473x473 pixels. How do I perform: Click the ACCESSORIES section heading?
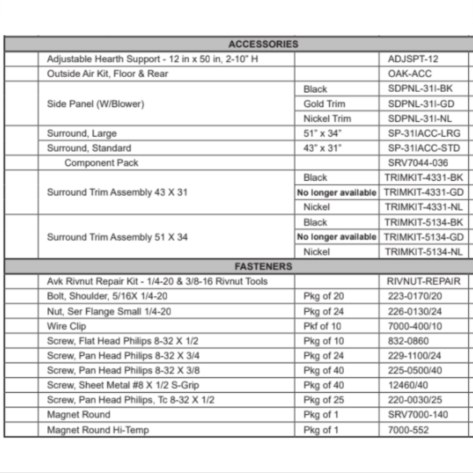click(263, 44)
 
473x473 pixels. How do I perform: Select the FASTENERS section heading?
click(263, 266)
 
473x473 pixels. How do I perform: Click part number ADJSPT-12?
click(413, 59)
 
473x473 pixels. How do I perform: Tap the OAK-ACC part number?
click(410, 74)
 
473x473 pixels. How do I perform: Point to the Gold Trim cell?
click(324, 104)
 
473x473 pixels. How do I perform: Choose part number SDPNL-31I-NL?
click(420, 118)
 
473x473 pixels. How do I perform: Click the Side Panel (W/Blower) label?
click(95, 104)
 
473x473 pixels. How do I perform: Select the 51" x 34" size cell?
click(322, 133)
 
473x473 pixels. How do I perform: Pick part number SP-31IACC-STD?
click(424, 148)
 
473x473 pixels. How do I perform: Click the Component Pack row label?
click(101, 163)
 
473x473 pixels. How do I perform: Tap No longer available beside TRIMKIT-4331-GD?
click(337, 193)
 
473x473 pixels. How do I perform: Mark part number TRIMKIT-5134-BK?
click(424, 222)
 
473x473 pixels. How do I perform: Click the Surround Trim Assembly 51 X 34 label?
click(117, 237)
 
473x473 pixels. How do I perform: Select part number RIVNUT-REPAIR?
click(424, 281)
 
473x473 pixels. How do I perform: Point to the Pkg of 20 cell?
click(324, 296)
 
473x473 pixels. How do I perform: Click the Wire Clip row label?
click(66, 326)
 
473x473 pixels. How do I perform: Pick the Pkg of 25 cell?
click(324, 400)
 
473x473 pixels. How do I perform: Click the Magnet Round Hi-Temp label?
click(97, 429)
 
